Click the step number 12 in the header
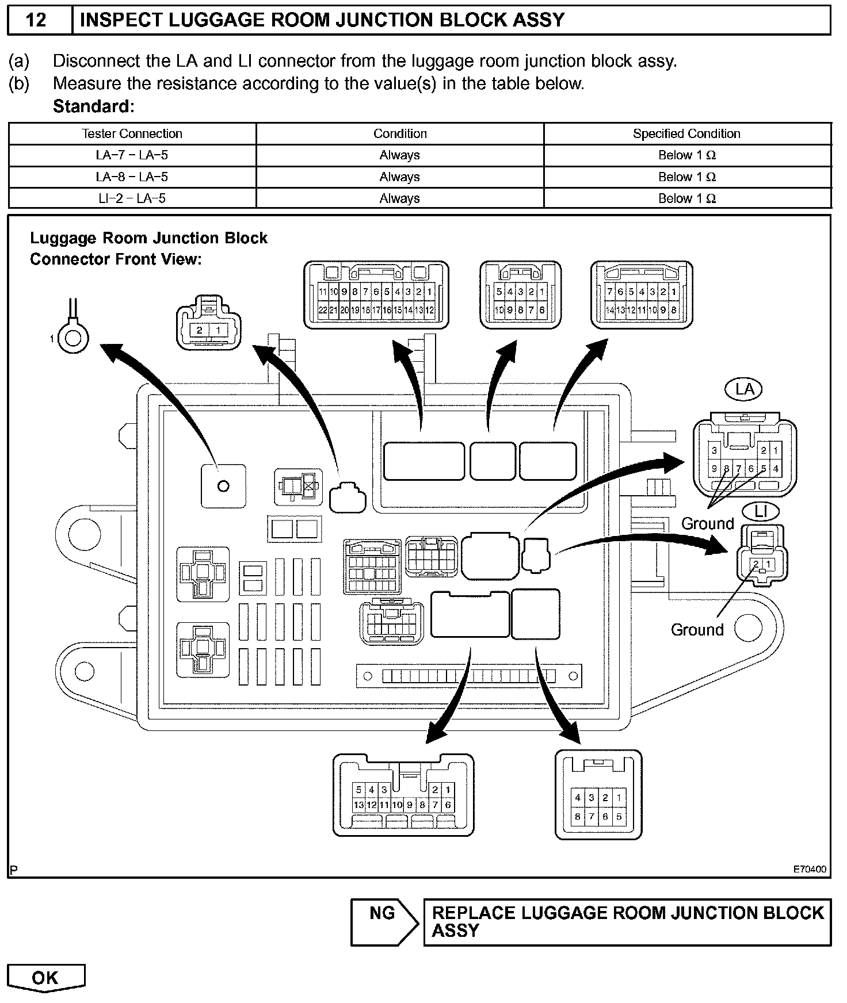36,20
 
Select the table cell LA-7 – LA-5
132,155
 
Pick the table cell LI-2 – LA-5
132,198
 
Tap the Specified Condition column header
686,133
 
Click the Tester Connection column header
132,133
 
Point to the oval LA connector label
745,389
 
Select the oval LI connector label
761,511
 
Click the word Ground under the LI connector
697,630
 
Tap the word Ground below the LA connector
707,523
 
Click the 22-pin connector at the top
376,295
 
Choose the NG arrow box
384,922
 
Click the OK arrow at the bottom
45,978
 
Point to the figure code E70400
810,869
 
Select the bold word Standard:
93,106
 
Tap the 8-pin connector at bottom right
598,794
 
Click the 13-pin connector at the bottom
403,794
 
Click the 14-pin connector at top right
642,295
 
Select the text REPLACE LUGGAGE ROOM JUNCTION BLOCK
627,913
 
